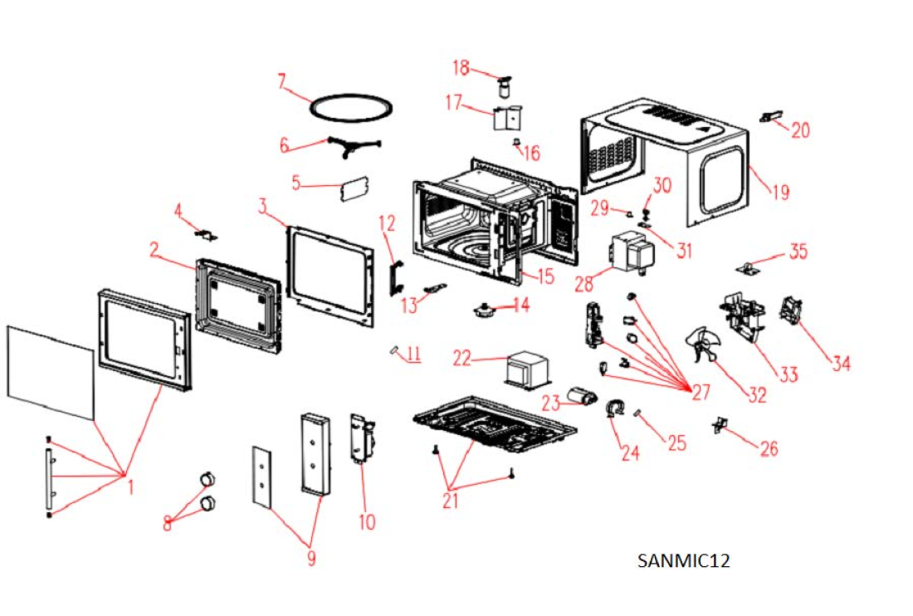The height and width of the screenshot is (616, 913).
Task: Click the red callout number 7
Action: (x=282, y=81)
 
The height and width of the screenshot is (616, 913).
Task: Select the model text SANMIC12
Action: (x=684, y=560)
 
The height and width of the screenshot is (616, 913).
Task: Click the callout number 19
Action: (x=780, y=193)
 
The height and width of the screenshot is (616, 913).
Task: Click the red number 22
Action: (x=462, y=359)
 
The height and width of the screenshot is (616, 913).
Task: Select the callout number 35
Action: (x=798, y=251)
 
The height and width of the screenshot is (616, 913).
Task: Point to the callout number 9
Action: (x=311, y=559)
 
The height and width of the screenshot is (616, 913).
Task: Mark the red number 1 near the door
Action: (x=130, y=488)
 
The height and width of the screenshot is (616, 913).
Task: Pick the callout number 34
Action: (x=841, y=363)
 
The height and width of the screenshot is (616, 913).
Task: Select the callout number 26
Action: (x=769, y=448)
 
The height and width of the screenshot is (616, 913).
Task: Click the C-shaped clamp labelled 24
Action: (x=615, y=407)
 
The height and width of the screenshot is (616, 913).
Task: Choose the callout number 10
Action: (x=367, y=521)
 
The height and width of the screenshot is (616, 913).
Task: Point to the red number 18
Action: (x=461, y=66)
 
